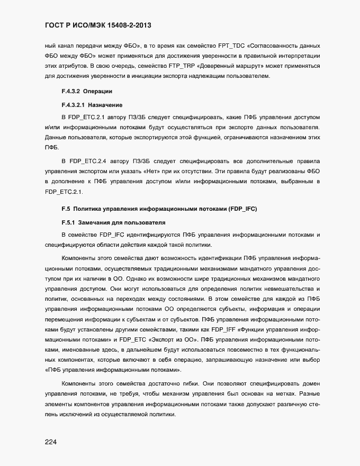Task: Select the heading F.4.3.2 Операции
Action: (x=87, y=92)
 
